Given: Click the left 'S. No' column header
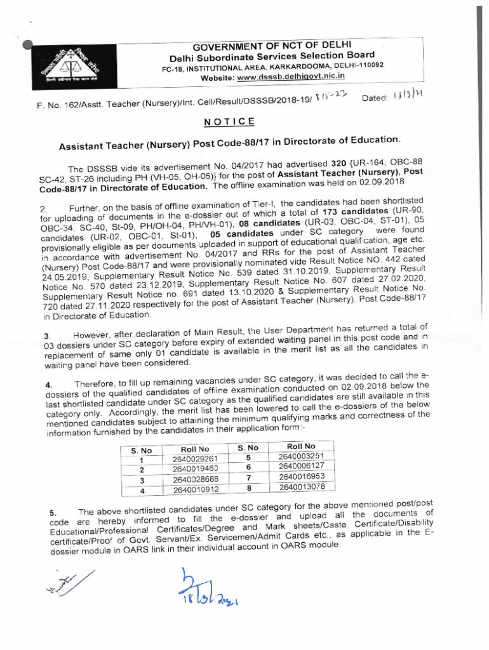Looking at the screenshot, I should point(141,451).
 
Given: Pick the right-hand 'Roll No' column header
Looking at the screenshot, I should point(301,446).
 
